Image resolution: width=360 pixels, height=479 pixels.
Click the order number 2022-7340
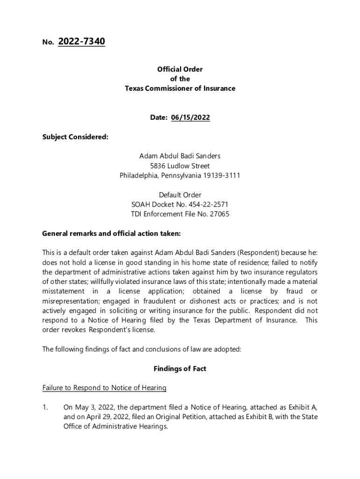click(x=81, y=42)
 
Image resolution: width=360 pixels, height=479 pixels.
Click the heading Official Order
click(x=180, y=69)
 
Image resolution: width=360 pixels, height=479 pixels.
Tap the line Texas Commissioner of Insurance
click(x=180, y=88)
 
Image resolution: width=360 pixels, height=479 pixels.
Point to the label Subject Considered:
click(x=75, y=137)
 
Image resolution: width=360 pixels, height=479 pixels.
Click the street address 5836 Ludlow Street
click(x=180, y=166)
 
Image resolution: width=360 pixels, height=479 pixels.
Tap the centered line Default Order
click(x=180, y=195)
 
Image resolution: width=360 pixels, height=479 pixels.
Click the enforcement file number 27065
click(x=220, y=214)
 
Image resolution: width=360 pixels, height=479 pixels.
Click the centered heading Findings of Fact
click(x=180, y=369)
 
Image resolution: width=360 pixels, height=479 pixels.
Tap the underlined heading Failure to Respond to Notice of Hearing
click(x=104, y=388)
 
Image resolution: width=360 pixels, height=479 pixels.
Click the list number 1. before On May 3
click(x=45, y=407)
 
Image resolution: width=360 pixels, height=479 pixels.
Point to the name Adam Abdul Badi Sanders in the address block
click(x=180, y=156)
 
